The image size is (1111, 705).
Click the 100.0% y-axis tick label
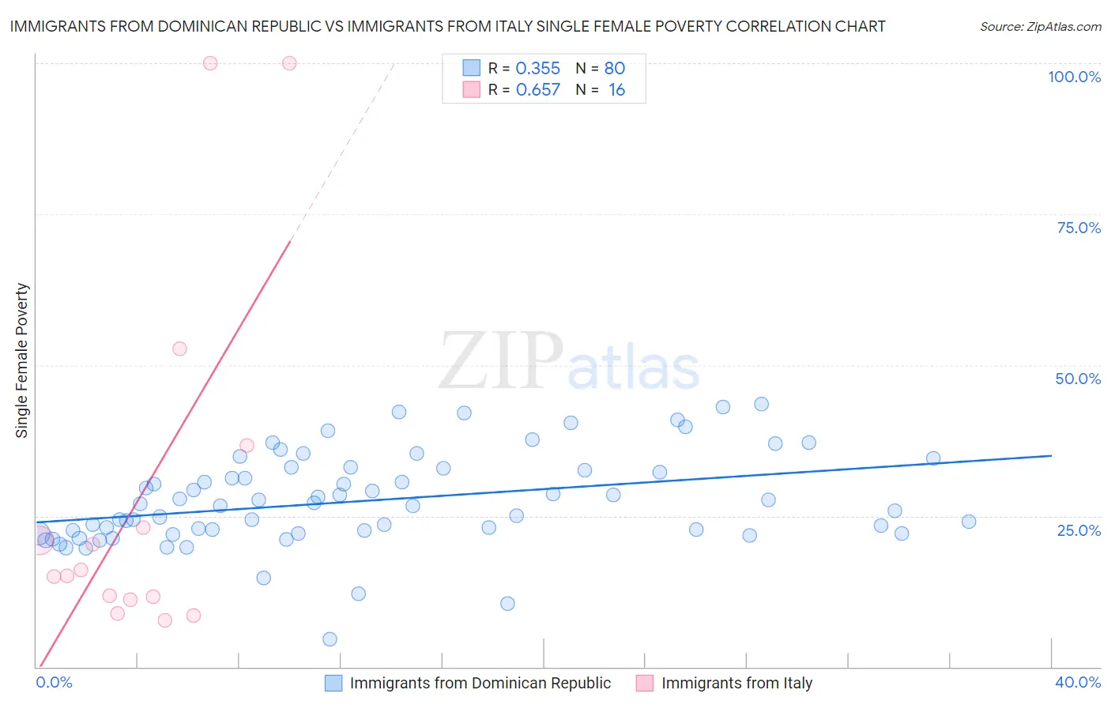tap(1074, 77)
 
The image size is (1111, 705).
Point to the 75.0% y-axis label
tap(1079, 228)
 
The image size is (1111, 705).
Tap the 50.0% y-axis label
tap(1078, 379)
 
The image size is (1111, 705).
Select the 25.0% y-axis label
tap(1079, 530)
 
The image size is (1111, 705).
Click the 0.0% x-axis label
tap(55, 682)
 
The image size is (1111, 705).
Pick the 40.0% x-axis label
tap(1078, 682)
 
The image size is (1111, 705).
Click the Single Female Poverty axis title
tap(22, 360)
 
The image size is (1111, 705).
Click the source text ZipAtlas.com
tap(1040, 27)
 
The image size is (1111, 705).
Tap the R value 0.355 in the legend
tap(537, 69)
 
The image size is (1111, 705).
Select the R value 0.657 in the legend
tap(537, 90)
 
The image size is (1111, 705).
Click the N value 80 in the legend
tap(615, 69)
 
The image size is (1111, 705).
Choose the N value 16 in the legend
tap(616, 90)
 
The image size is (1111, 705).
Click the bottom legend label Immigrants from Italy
tap(736, 683)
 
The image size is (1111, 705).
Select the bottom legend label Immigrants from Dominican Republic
tap(480, 683)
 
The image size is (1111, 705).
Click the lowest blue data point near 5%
tap(330, 639)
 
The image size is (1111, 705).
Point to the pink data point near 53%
tap(179, 349)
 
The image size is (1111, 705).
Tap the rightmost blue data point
tap(969, 522)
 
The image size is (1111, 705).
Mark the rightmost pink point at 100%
tap(289, 63)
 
